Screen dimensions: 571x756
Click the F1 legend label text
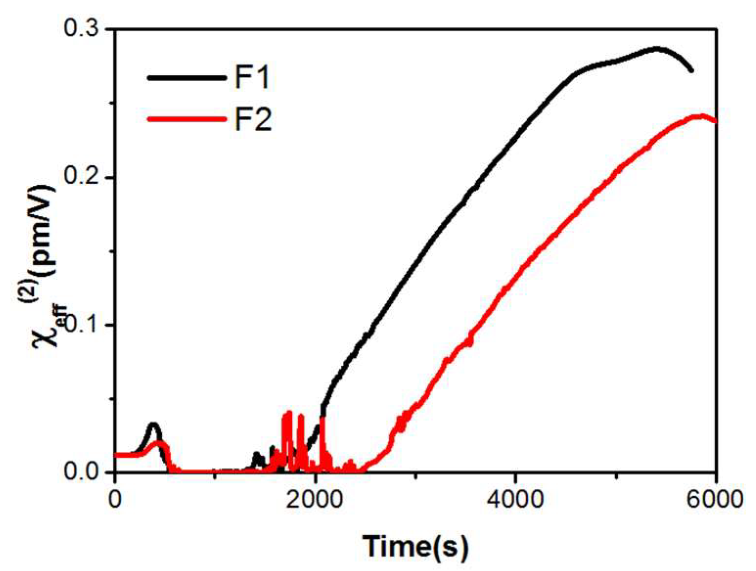tap(252, 78)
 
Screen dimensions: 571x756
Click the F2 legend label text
tap(253, 119)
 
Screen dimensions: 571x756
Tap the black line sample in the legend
tap(186, 78)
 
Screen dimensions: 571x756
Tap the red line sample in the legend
tap(186, 119)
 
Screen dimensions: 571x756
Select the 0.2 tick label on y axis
tap(85, 177)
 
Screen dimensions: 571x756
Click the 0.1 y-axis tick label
tap(85, 325)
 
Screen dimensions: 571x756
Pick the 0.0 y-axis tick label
tap(85, 472)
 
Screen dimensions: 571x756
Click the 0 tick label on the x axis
tap(114, 500)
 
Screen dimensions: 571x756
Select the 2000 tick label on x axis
tap(315, 500)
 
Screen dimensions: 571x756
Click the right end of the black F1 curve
tap(691, 70)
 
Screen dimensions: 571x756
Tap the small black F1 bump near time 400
tap(153, 424)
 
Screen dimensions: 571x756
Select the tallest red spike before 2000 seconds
tap(289, 412)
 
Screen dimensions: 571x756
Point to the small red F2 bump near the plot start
tap(159, 442)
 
